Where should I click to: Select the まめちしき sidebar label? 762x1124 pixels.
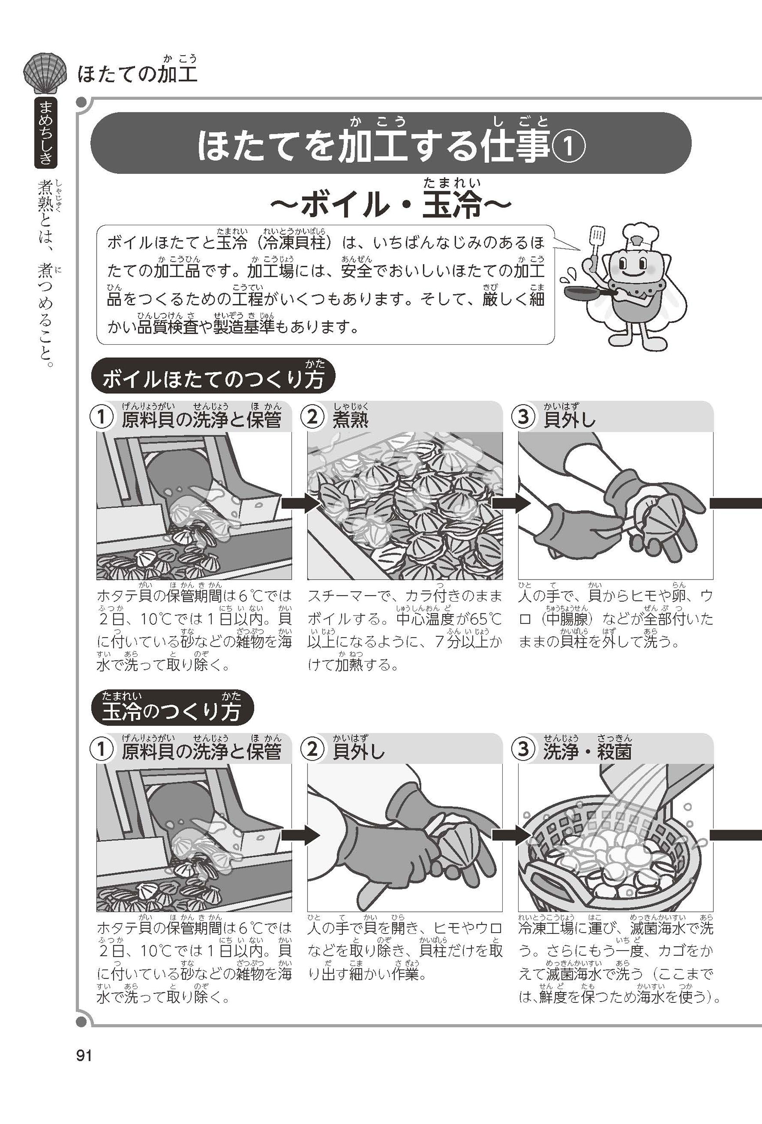click(46, 132)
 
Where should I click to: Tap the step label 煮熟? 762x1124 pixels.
click(350, 419)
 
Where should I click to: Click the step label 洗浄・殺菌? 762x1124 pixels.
click(588, 751)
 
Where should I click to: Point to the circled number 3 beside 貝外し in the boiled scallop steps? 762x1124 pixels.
click(523, 417)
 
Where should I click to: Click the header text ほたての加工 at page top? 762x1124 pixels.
click(138, 75)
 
